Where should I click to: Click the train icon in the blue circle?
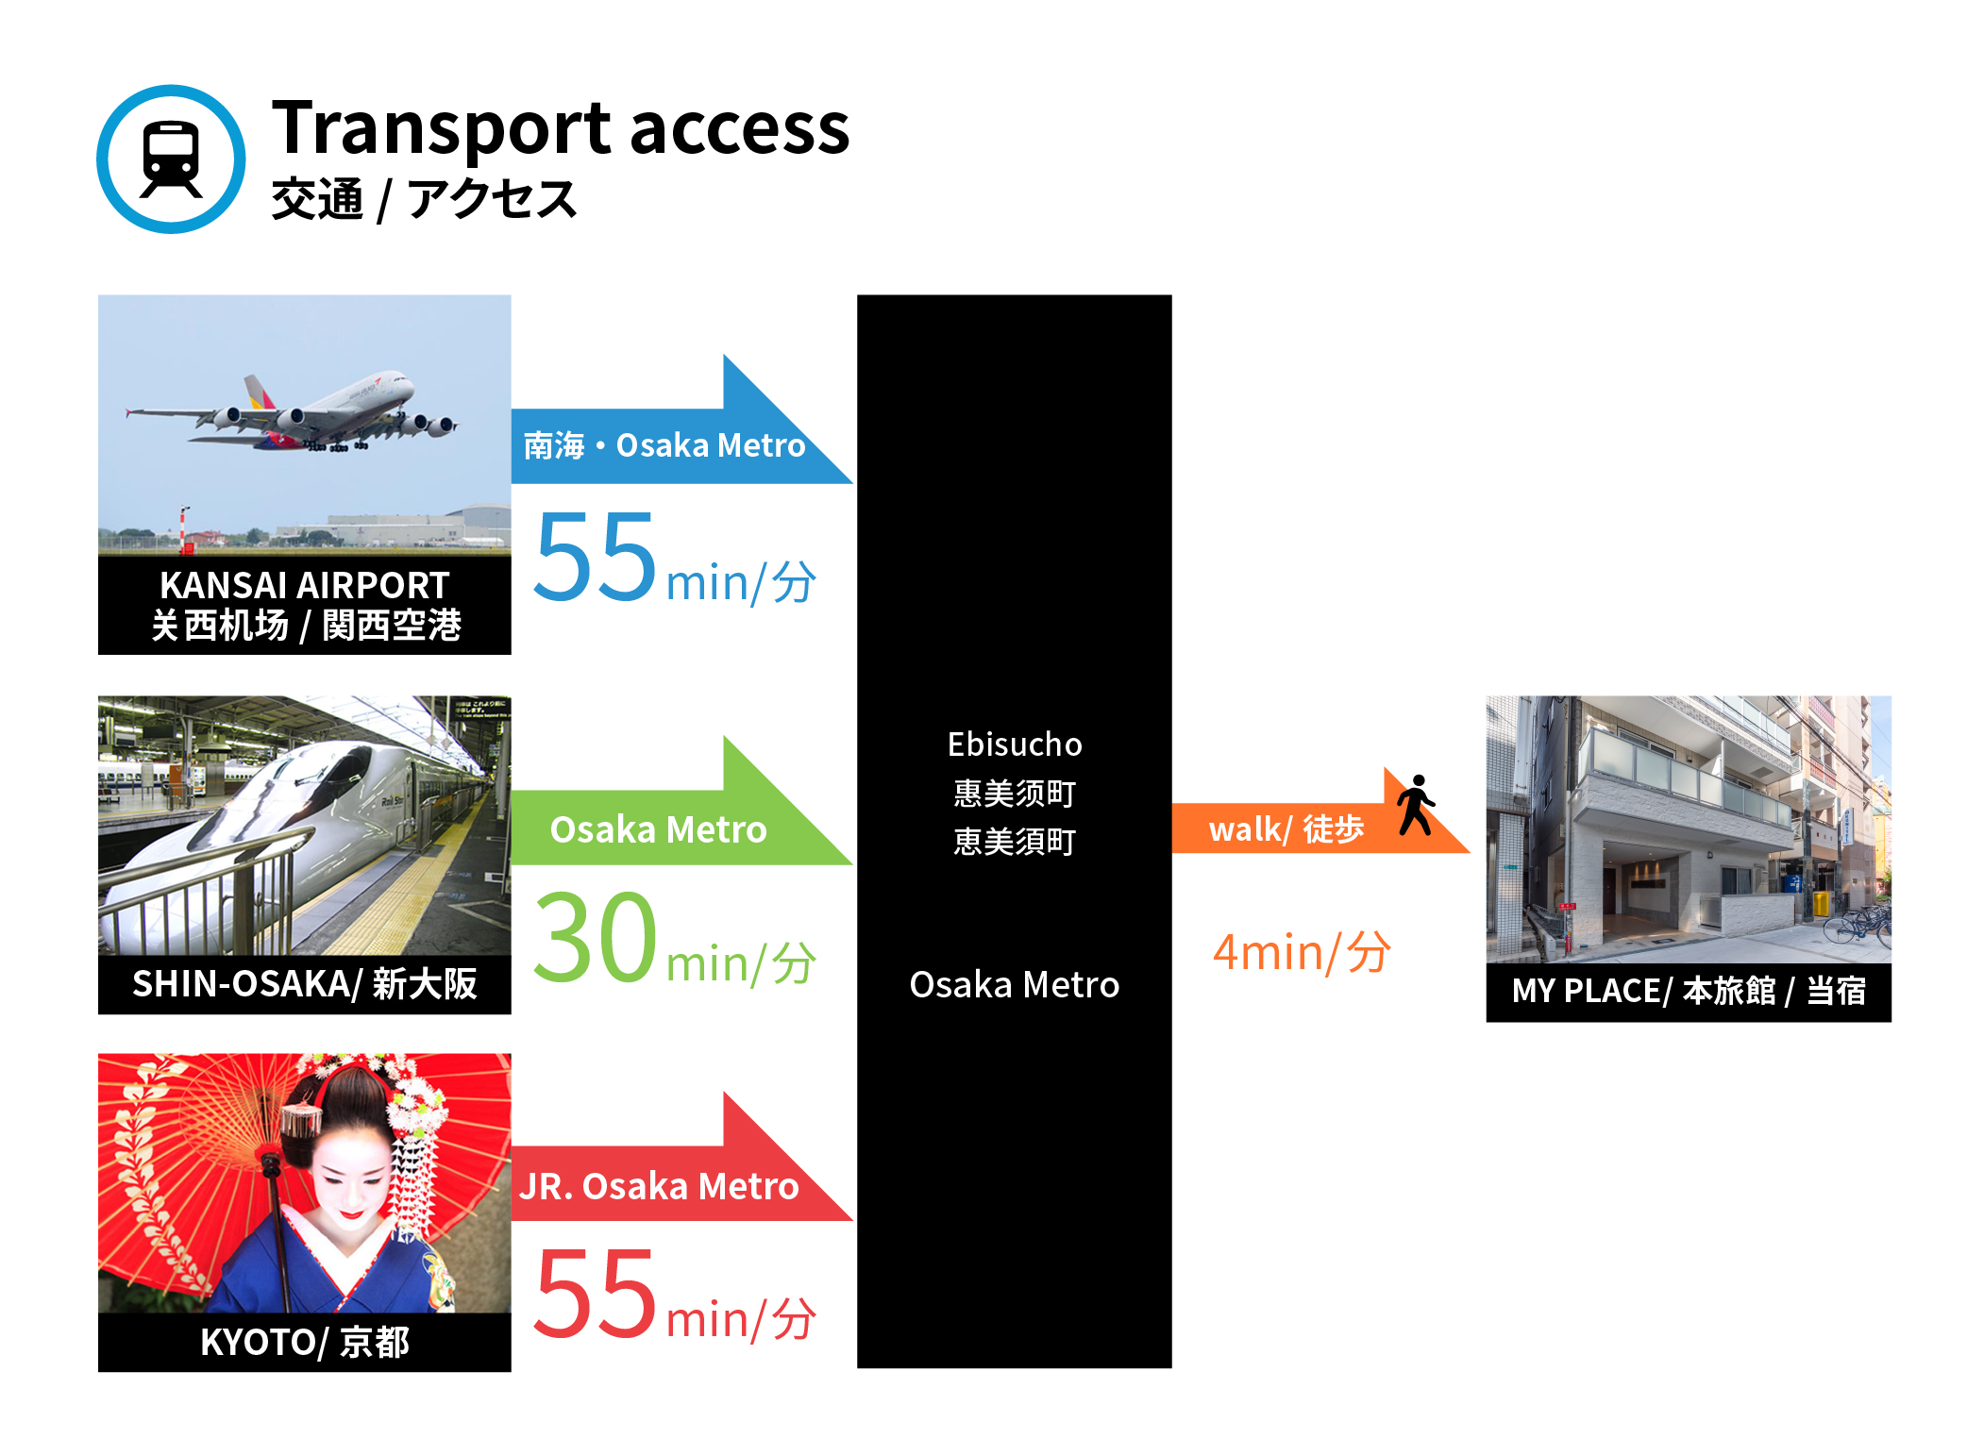[171, 159]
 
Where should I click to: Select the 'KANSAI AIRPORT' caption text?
[304, 585]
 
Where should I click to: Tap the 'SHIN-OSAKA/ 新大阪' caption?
[304, 984]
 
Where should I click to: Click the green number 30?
[595, 937]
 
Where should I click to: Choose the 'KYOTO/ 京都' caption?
[304, 1342]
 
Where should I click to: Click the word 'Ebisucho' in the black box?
[1015, 744]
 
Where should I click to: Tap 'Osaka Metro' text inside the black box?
[1015, 985]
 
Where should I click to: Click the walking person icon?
[1416, 805]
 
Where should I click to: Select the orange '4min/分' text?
[1302, 952]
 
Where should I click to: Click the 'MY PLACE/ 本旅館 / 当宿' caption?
[1689, 991]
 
